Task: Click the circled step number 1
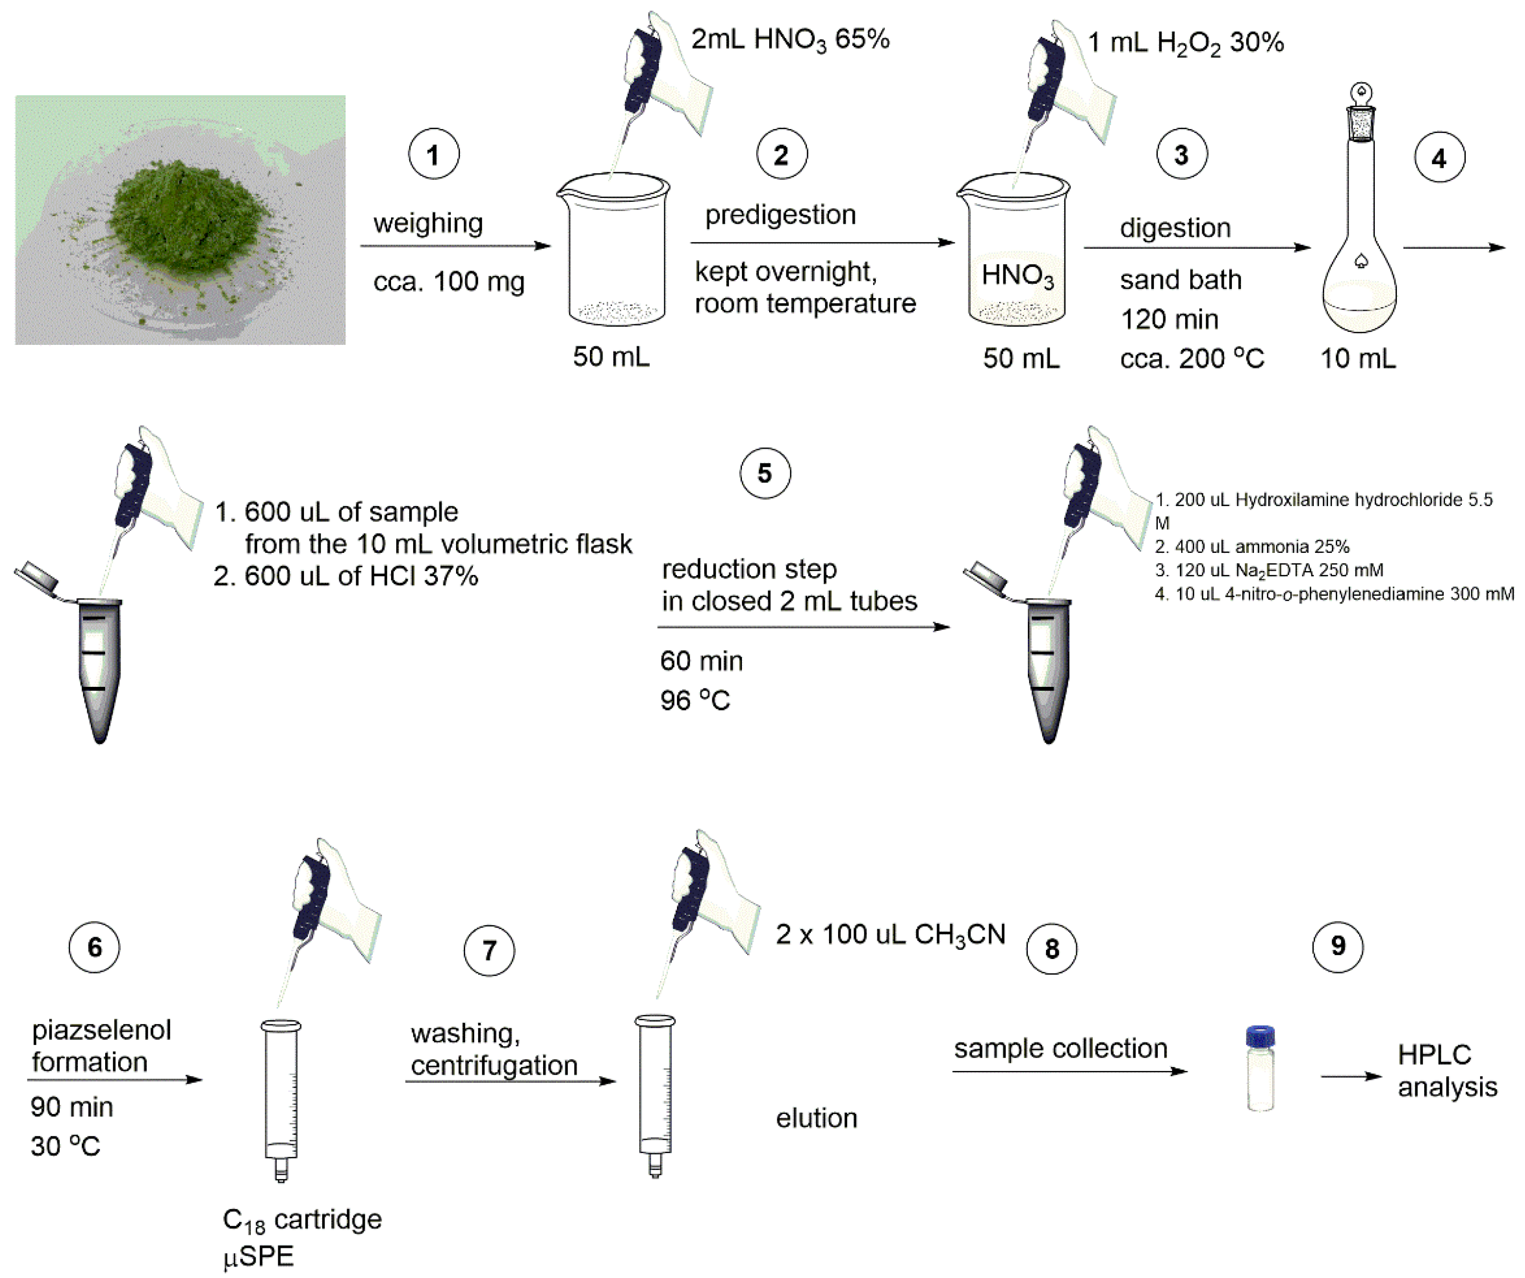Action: pyautogui.click(x=434, y=155)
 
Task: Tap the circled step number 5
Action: pyautogui.click(x=765, y=474)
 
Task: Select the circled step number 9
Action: pyautogui.click(x=1338, y=946)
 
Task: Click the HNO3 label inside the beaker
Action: pyautogui.click(x=1017, y=275)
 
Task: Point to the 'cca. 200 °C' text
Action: pyautogui.click(x=1192, y=358)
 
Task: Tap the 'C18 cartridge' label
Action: pyautogui.click(x=302, y=1220)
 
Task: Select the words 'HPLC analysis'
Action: pyautogui.click(x=1447, y=1070)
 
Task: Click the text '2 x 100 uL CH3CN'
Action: pyautogui.click(x=890, y=934)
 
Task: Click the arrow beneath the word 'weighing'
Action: pyautogui.click(x=455, y=245)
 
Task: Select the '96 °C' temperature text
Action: pyautogui.click(x=695, y=700)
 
